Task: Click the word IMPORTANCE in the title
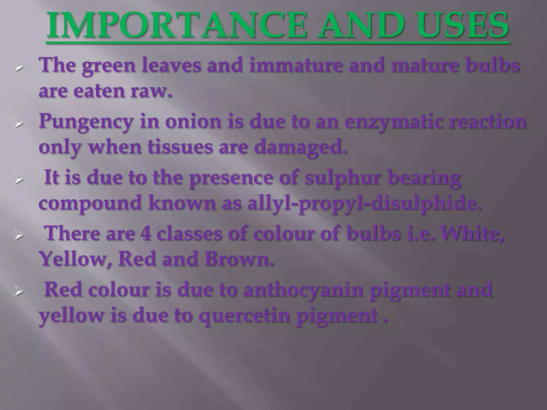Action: click(176, 25)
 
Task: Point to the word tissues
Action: click(180, 147)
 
